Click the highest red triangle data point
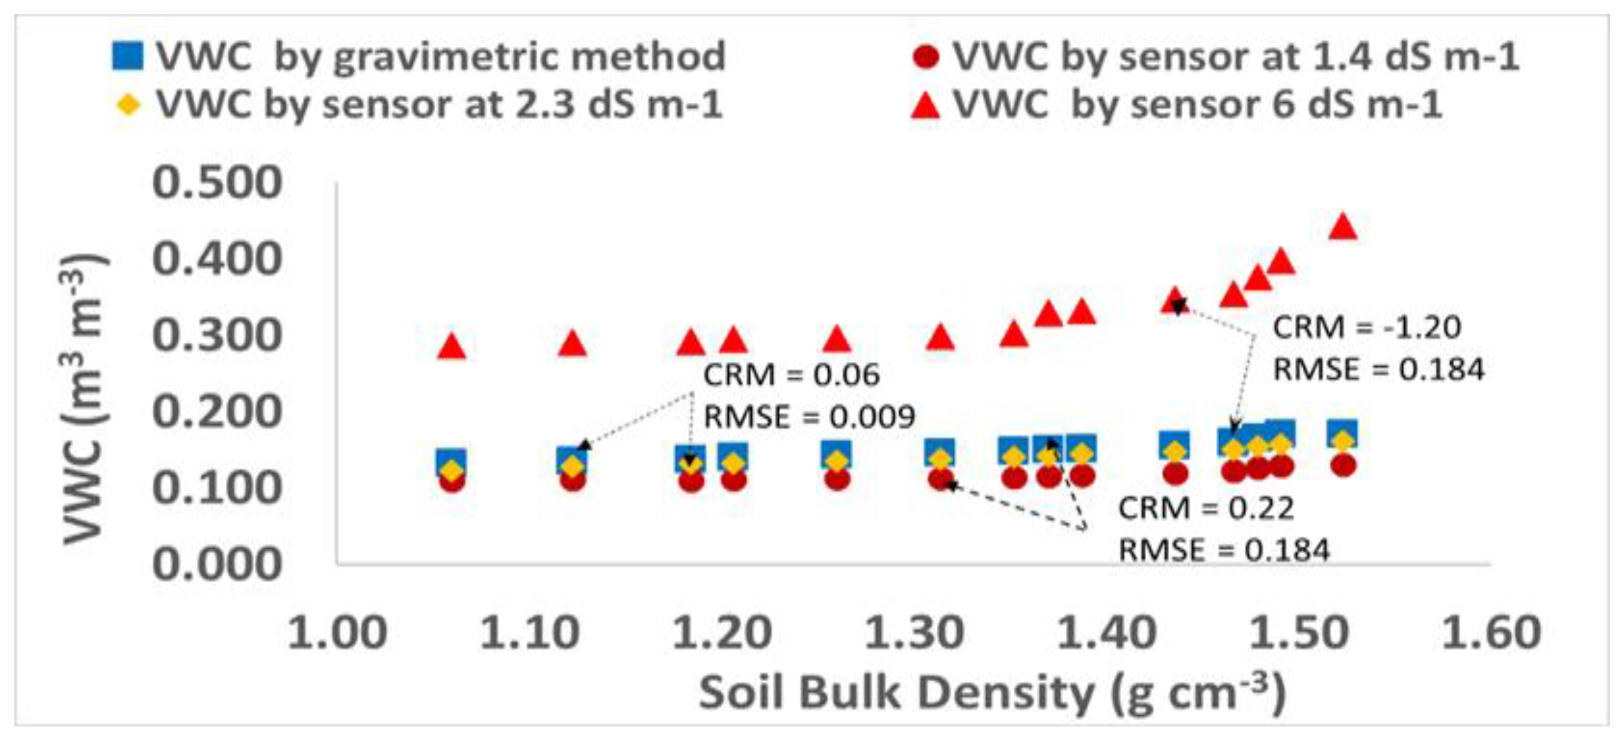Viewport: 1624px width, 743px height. coord(1342,228)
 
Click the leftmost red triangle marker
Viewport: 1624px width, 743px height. coord(452,348)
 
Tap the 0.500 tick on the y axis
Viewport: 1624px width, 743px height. coord(217,183)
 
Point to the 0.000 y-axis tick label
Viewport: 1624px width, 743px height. coord(217,564)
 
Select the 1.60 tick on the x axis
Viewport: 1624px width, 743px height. coord(1492,633)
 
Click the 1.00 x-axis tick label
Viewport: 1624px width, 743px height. coord(337,633)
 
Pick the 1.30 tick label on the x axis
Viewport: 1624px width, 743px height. coord(914,633)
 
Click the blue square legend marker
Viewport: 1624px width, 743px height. coord(127,56)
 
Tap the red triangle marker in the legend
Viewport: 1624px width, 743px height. coord(925,105)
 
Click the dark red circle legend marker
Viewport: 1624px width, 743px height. coord(926,57)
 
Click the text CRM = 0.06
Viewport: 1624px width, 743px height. coord(791,375)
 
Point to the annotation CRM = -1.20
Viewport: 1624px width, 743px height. coord(1366,327)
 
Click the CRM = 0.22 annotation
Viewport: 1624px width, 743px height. coord(1205,508)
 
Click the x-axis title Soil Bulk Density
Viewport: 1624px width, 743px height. coord(992,692)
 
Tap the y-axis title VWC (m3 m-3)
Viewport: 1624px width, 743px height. coord(85,398)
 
